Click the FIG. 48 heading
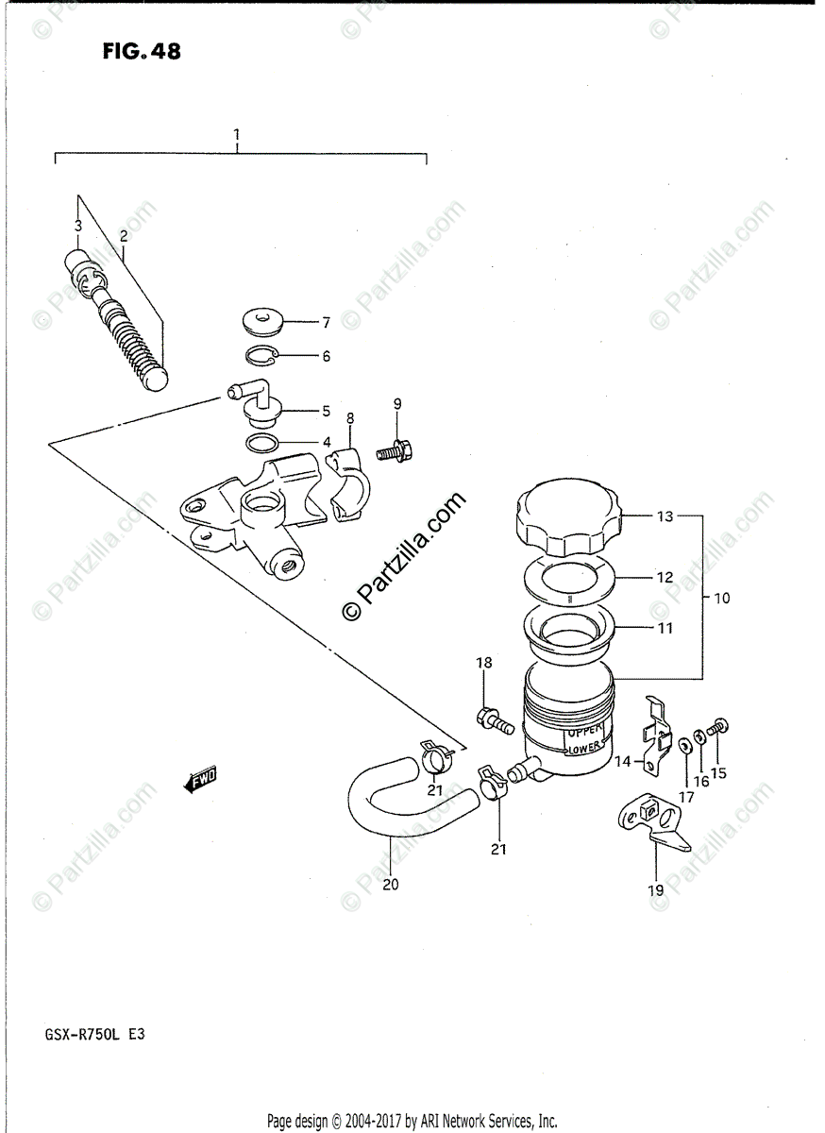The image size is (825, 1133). [x=142, y=51]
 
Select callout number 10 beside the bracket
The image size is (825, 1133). [x=722, y=598]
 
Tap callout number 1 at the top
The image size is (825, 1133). [x=237, y=136]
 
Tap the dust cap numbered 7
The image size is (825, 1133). [x=263, y=322]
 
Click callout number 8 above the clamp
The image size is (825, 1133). [x=349, y=416]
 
